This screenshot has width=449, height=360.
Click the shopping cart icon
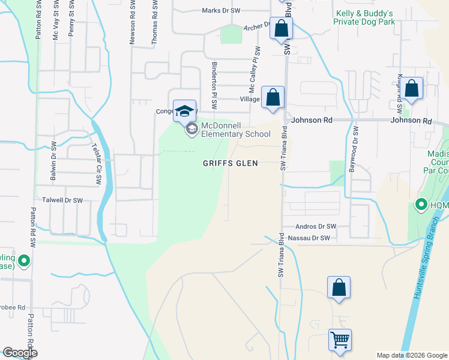[340, 340]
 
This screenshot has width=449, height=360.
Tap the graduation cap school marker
[184, 111]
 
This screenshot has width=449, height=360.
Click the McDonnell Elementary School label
[235, 130]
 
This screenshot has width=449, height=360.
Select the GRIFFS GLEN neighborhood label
[230, 163]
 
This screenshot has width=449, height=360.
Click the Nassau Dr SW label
[309, 238]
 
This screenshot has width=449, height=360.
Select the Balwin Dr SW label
[53, 161]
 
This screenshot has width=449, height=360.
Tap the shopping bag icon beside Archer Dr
[281, 28]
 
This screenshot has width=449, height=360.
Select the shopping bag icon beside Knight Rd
[412, 89]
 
